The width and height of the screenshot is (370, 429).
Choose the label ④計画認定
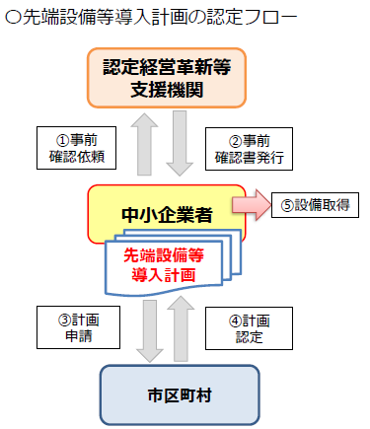(x=241, y=328)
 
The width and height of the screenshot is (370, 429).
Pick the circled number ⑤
(x=288, y=206)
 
